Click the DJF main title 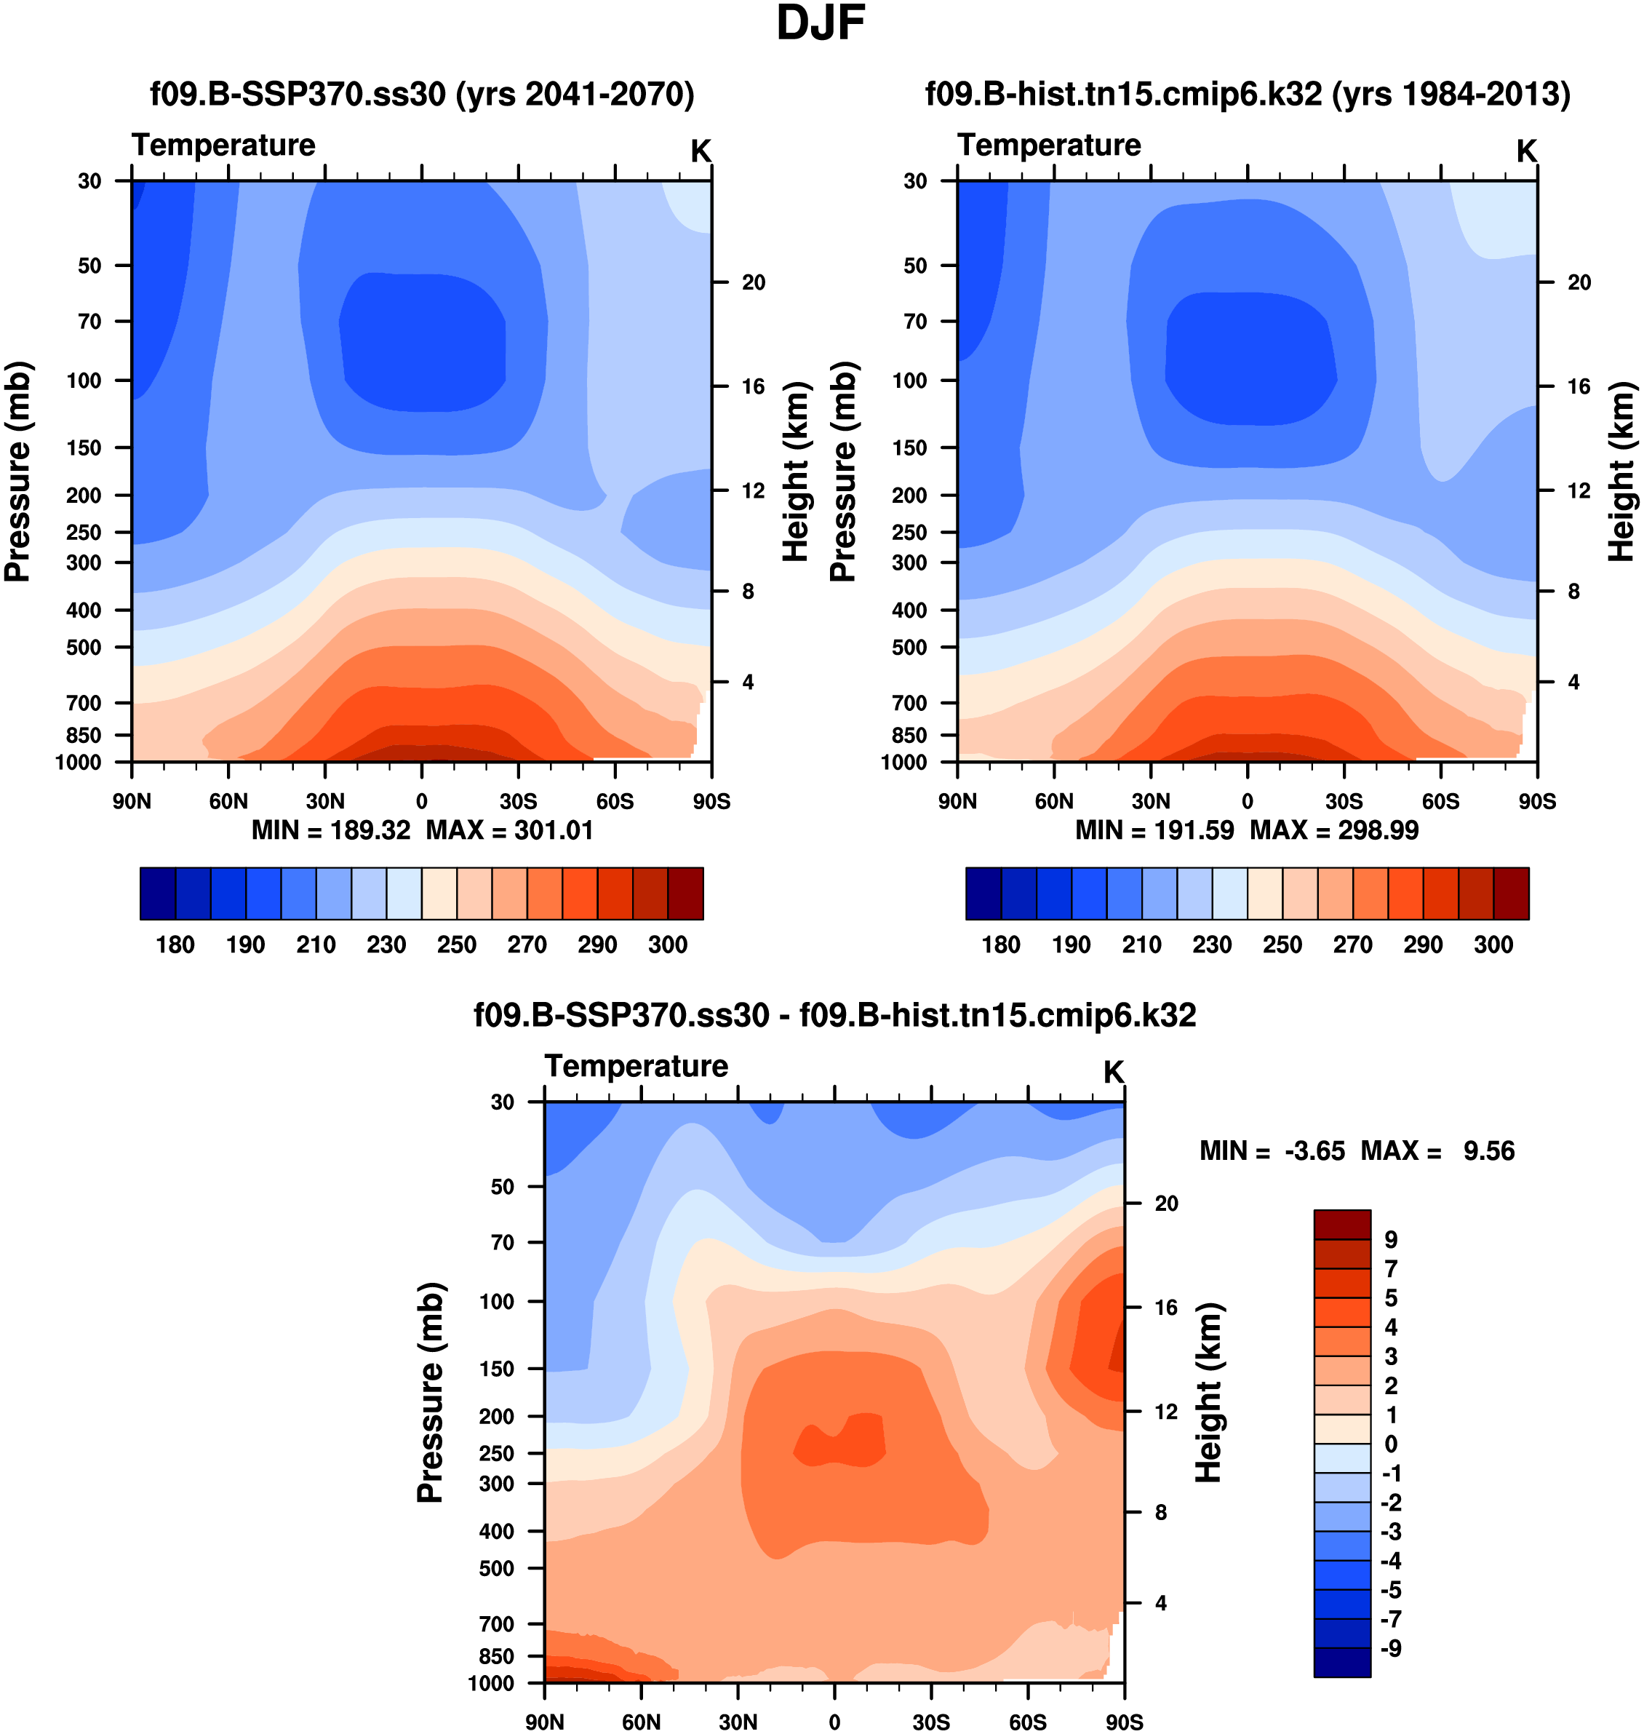[x=821, y=24]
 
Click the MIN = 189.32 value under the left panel [x=330, y=830]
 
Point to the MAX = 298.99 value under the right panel [x=1334, y=830]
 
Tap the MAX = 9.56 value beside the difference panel [x=1437, y=1151]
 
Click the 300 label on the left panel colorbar [x=668, y=945]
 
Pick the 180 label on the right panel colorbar [x=1001, y=945]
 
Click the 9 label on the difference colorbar [x=1391, y=1241]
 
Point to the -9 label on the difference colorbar [x=1391, y=1649]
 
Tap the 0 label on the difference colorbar [x=1391, y=1444]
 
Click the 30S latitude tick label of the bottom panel [x=930, y=1722]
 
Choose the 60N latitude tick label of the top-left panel [x=228, y=801]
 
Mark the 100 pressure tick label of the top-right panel [x=909, y=381]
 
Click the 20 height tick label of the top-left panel [x=753, y=282]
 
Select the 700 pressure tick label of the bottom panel [x=496, y=1623]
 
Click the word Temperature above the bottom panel [x=637, y=1066]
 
